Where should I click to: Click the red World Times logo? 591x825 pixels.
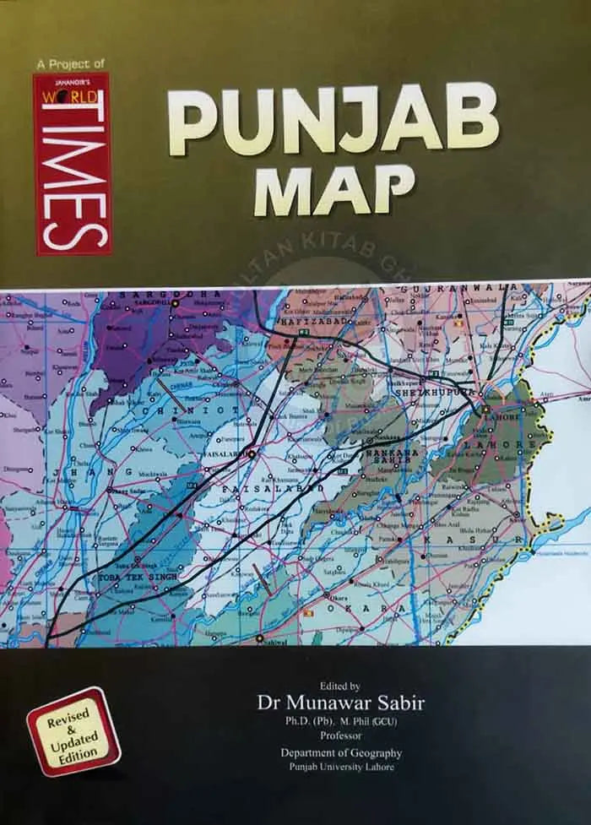tap(72, 164)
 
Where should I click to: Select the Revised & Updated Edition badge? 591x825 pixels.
tap(73, 730)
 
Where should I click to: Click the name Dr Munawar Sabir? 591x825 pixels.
tap(336, 703)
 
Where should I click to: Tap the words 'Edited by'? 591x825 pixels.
tap(335, 687)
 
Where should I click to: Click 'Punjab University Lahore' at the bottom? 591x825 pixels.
tap(337, 766)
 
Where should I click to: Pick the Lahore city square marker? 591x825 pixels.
tap(486, 410)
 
